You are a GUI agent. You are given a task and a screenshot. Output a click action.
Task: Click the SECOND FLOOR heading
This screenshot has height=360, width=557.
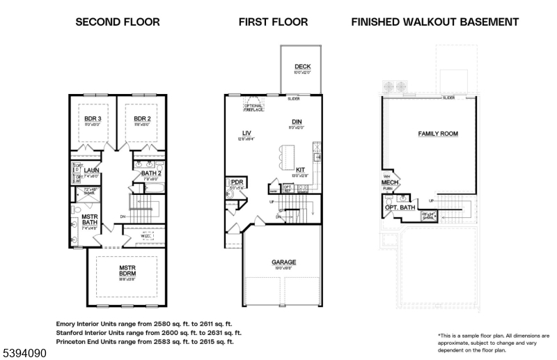coord(118,22)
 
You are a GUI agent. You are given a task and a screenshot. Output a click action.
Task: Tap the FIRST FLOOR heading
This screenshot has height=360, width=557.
coord(273,22)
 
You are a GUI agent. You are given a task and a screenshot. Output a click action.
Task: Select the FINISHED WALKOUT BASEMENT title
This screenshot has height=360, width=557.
coord(434,22)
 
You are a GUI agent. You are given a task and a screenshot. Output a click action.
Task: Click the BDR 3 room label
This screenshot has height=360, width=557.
coord(93,119)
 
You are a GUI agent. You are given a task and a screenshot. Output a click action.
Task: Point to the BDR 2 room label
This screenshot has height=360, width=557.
coord(142,119)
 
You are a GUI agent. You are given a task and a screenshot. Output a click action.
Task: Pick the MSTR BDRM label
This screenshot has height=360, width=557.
coord(126,271)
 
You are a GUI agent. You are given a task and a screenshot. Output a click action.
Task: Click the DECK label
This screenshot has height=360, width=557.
coord(301,67)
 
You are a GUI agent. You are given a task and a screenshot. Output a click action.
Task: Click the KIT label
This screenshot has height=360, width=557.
coord(300,169)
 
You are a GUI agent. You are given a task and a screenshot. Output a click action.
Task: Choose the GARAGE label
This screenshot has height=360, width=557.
coord(283,263)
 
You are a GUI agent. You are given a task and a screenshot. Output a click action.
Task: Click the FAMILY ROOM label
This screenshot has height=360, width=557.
coord(437,133)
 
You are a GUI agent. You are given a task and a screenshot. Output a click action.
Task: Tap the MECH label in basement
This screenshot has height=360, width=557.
coord(388,182)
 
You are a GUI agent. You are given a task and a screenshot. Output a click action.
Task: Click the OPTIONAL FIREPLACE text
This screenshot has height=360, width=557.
coord(253,106)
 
